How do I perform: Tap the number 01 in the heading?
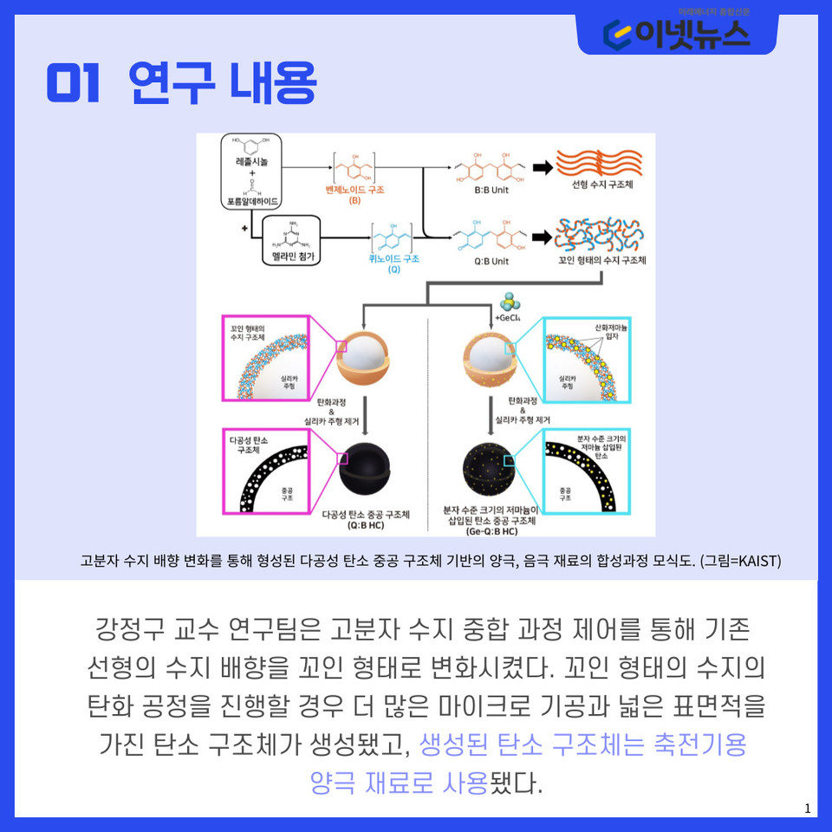click(x=75, y=85)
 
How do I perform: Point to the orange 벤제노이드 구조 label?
click(x=355, y=188)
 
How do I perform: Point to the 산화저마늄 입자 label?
click(x=611, y=331)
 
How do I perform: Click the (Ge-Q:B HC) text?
click(x=491, y=530)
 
